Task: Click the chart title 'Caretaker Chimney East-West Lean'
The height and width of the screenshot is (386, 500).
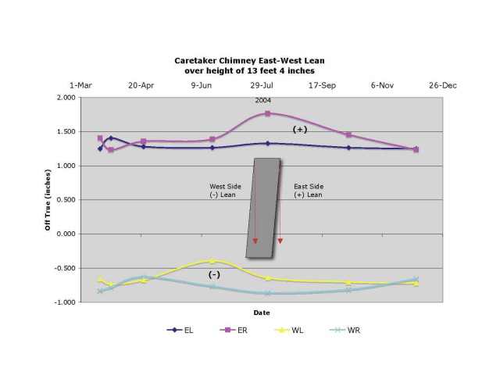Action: click(x=249, y=59)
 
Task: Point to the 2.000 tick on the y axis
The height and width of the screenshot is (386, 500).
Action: click(x=66, y=98)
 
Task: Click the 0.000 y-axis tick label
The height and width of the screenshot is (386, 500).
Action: click(x=66, y=234)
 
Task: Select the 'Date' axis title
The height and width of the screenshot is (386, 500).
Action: click(x=261, y=313)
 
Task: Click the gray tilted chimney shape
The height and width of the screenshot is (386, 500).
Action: click(x=262, y=207)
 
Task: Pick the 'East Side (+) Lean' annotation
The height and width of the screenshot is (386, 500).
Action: click(x=309, y=191)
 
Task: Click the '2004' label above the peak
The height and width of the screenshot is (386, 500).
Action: click(x=263, y=101)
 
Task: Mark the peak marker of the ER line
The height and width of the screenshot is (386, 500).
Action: click(x=268, y=113)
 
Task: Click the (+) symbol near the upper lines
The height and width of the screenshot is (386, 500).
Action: click(x=299, y=130)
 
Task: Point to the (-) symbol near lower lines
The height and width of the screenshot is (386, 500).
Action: click(x=214, y=275)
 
